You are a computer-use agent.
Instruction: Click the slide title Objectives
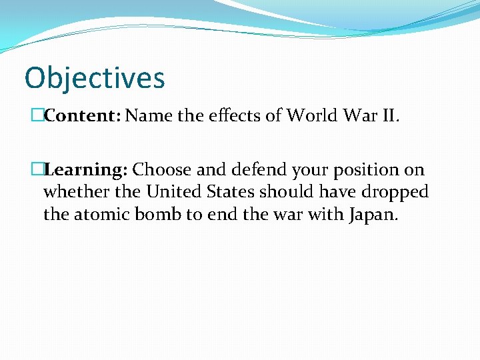point(94,78)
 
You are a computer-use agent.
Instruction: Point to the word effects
point(234,116)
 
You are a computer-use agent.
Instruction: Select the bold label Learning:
point(86,170)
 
